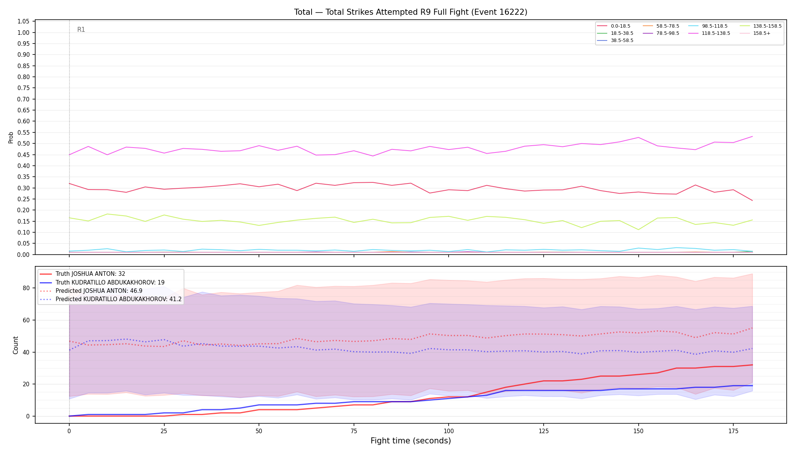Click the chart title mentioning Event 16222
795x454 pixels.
pos(411,12)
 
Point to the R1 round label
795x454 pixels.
pos(81,30)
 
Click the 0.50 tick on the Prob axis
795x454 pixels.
pos(23,144)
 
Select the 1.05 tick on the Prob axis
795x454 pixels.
pos(23,22)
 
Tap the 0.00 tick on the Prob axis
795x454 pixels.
pos(23,255)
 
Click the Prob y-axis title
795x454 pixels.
pos(11,137)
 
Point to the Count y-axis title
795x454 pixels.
pos(16,345)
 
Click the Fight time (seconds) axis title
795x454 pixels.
pos(411,441)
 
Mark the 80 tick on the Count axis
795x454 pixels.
pos(26,288)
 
